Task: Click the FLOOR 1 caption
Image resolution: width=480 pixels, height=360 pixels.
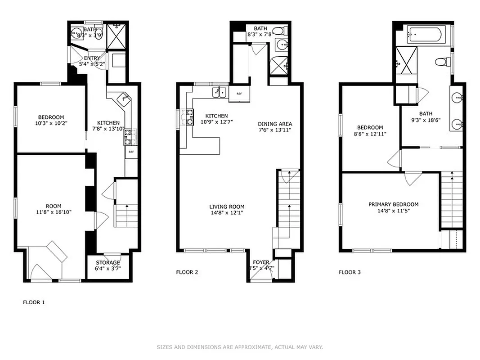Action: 34,302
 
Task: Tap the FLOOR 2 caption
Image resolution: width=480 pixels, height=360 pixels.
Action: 187,272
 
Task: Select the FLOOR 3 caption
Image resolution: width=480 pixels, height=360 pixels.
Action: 350,272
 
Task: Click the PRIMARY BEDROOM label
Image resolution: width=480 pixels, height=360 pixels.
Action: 393,204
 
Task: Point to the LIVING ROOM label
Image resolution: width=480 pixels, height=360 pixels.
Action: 227,207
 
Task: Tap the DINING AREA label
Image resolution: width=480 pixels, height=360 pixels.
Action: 275,124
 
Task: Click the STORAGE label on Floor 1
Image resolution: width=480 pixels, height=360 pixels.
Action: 108,263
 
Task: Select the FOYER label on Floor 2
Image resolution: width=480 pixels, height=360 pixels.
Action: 261,262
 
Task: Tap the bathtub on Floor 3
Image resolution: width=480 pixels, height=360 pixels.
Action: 426,34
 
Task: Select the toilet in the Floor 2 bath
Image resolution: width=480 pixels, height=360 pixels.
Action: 280,31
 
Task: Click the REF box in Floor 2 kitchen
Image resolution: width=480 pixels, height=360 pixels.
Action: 238,94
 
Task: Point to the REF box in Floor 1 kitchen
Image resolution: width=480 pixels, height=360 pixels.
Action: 131,152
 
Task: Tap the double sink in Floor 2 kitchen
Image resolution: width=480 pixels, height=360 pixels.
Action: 220,92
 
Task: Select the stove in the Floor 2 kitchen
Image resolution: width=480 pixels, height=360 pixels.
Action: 187,117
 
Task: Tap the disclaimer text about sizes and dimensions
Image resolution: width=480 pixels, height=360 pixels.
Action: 240,347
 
